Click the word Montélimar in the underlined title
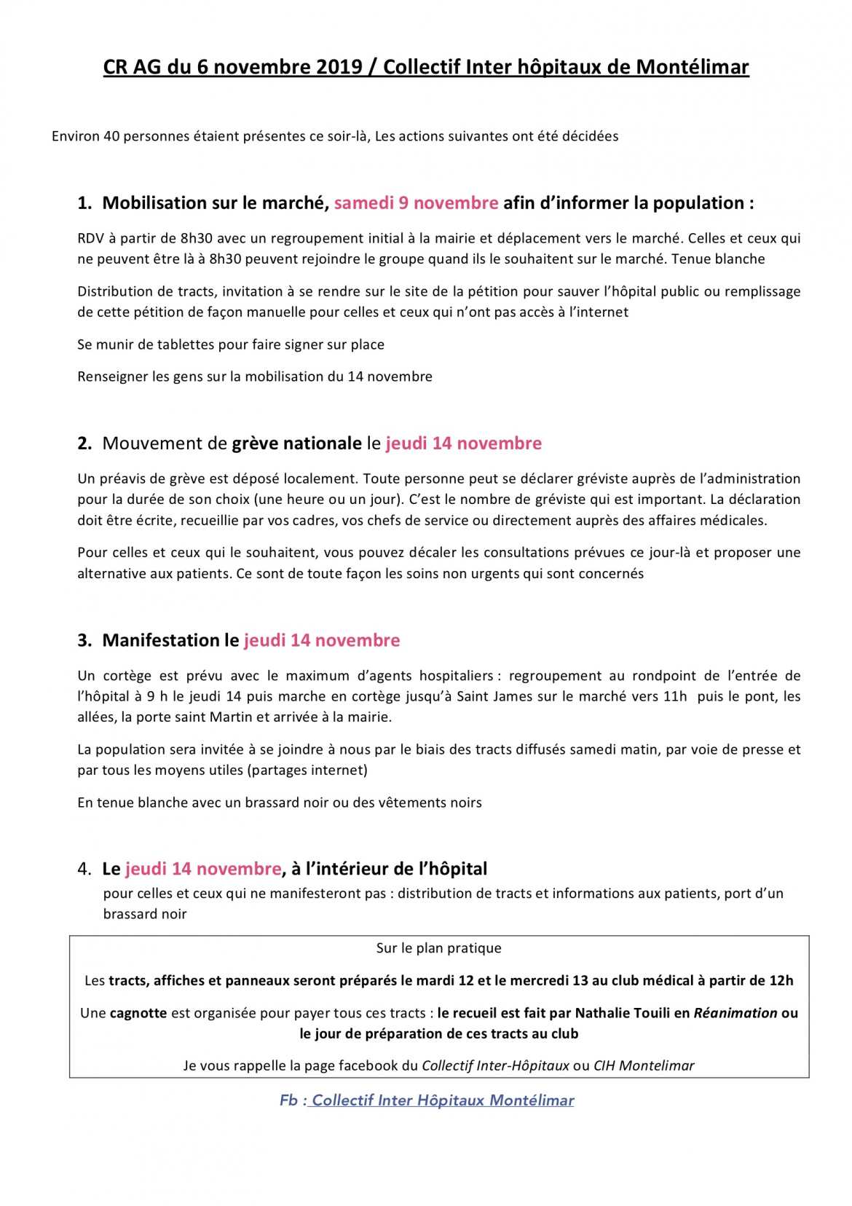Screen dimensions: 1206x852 point(692,67)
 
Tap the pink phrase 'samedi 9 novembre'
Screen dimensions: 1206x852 point(416,203)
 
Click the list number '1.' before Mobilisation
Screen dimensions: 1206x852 point(84,203)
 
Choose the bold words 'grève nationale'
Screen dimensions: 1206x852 point(296,444)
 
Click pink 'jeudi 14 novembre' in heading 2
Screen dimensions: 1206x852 point(463,444)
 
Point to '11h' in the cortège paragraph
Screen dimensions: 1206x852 point(675,696)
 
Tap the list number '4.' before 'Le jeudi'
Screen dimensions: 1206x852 point(84,870)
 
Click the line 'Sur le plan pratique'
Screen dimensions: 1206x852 point(438,949)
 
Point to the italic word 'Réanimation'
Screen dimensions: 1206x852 point(735,1014)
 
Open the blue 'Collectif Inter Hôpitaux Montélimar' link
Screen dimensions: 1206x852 point(443,1101)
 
